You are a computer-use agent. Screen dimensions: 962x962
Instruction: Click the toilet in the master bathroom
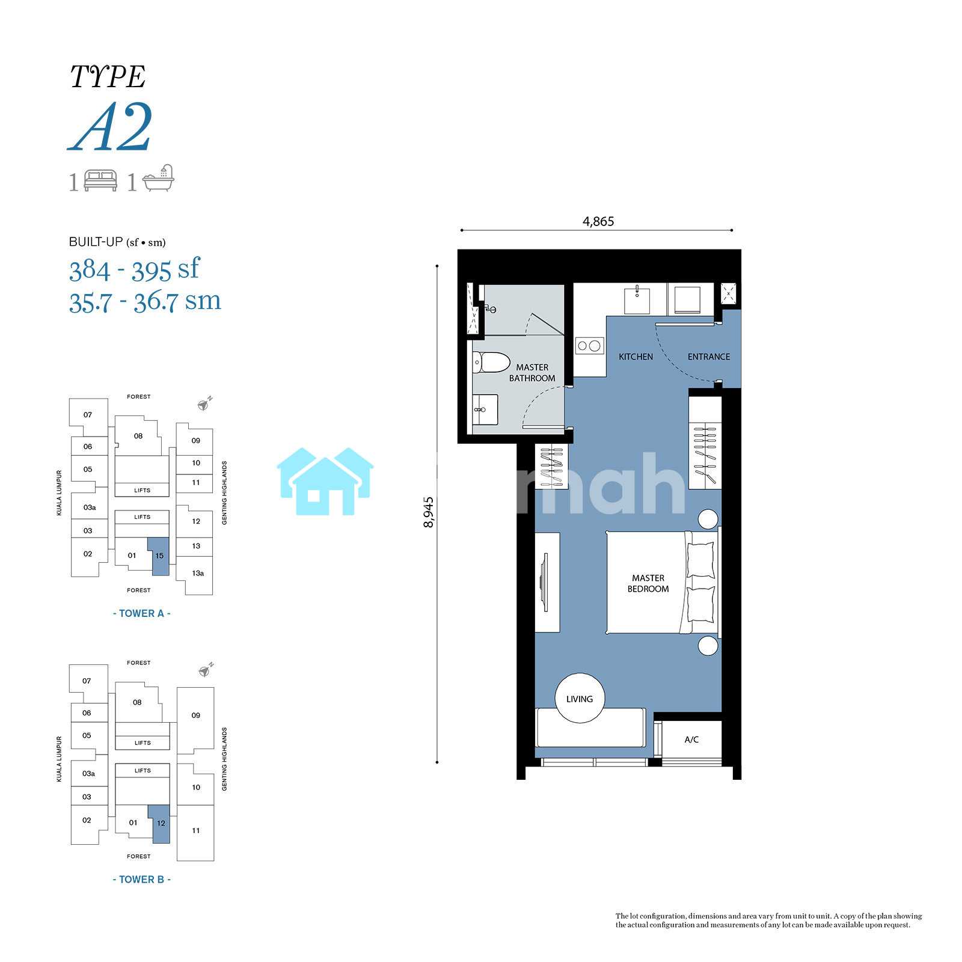491,363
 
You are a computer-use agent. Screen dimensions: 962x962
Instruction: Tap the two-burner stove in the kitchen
589,346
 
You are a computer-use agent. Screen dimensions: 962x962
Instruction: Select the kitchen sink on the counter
637,300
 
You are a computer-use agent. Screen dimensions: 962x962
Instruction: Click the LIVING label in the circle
580,699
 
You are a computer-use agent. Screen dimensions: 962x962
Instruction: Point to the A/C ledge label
691,740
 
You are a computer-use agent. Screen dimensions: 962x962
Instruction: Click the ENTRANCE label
709,357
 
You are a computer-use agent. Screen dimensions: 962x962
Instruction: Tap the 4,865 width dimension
598,221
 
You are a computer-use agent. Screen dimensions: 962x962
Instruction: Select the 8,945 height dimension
429,512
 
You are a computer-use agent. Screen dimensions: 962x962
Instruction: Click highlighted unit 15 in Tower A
160,557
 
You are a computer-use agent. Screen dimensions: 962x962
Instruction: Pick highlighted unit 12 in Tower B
161,824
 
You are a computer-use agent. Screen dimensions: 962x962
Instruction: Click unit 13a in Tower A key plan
198,574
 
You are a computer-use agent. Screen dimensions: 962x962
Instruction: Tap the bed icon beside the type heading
100,181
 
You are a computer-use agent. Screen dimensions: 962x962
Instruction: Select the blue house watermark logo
325,481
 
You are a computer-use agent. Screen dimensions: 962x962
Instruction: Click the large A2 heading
110,127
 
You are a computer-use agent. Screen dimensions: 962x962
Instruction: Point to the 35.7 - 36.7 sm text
145,301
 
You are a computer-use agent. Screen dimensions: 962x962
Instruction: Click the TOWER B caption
142,880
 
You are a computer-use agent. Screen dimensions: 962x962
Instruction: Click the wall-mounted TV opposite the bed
544,583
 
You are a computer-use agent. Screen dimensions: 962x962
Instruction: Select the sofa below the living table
590,728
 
